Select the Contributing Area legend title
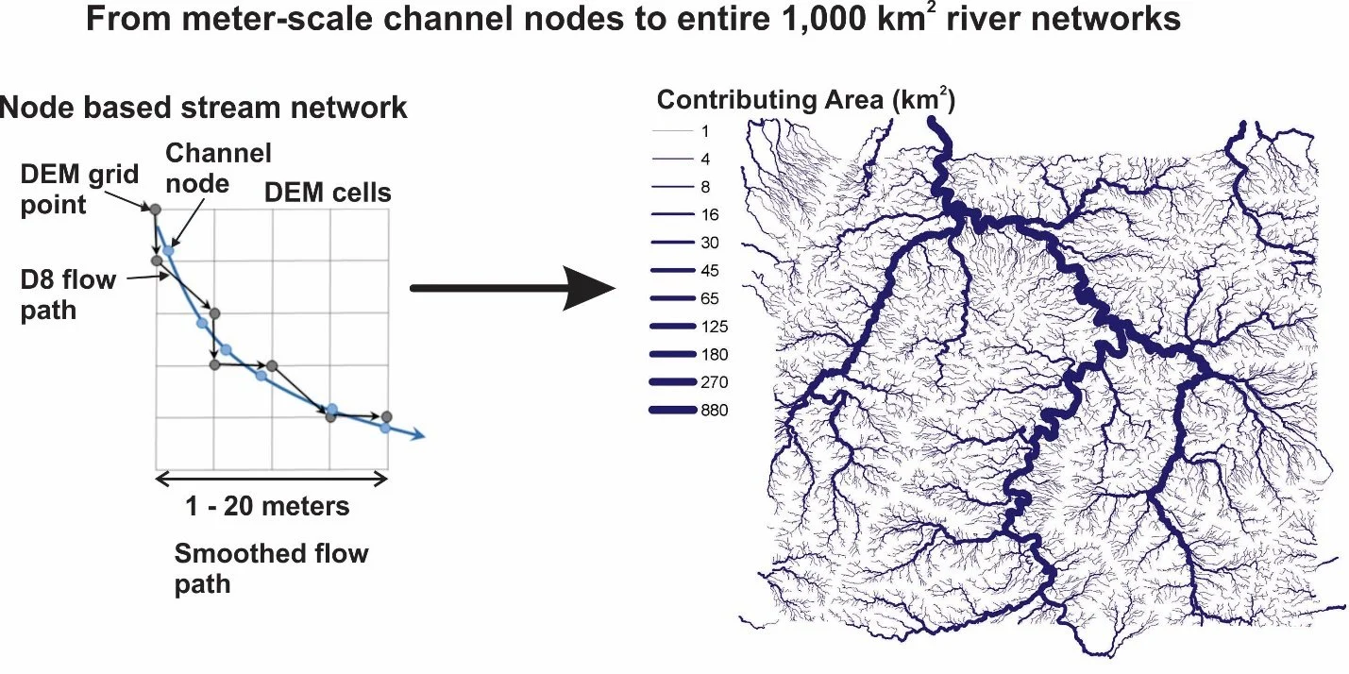click(806, 100)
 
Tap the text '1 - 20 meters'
click(268, 506)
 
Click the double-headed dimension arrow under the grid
click(272, 480)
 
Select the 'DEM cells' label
click(328, 194)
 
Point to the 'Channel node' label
click(218, 166)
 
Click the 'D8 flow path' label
click(68, 294)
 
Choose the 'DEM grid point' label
click(80, 189)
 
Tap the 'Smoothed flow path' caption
click(271, 568)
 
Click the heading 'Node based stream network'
click(204, 108)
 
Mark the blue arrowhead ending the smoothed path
click(417, 435)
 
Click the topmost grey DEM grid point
click(156, 208)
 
